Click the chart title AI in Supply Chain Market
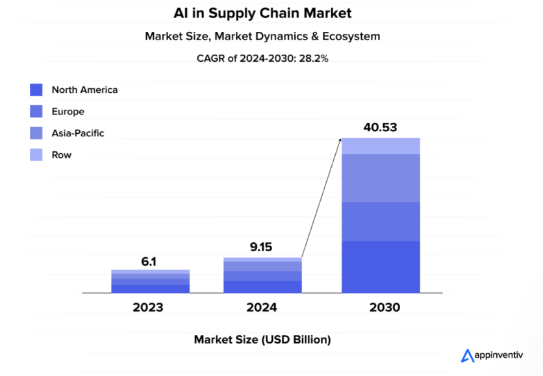click(262, 12)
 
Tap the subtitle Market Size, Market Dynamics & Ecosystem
click(262, 36)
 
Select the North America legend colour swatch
click(36, 90)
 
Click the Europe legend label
click(68, 112)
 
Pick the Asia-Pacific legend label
click(78, 133)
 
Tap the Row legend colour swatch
click(36, 155)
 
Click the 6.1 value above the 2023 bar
click(149, 262)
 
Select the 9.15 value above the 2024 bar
click(262, 247)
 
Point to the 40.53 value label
click(381, 127)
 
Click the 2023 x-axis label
click(149, 307)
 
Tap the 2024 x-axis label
click(262, 307)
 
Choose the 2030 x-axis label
click(381, 307)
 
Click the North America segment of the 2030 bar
click(381, 267)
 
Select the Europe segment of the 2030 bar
click(381, 221)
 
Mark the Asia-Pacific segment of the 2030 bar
click(381, 178)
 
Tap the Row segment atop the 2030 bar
click(381, 146)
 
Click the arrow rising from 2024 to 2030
click(322, 198)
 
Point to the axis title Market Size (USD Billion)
click(262, 340)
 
